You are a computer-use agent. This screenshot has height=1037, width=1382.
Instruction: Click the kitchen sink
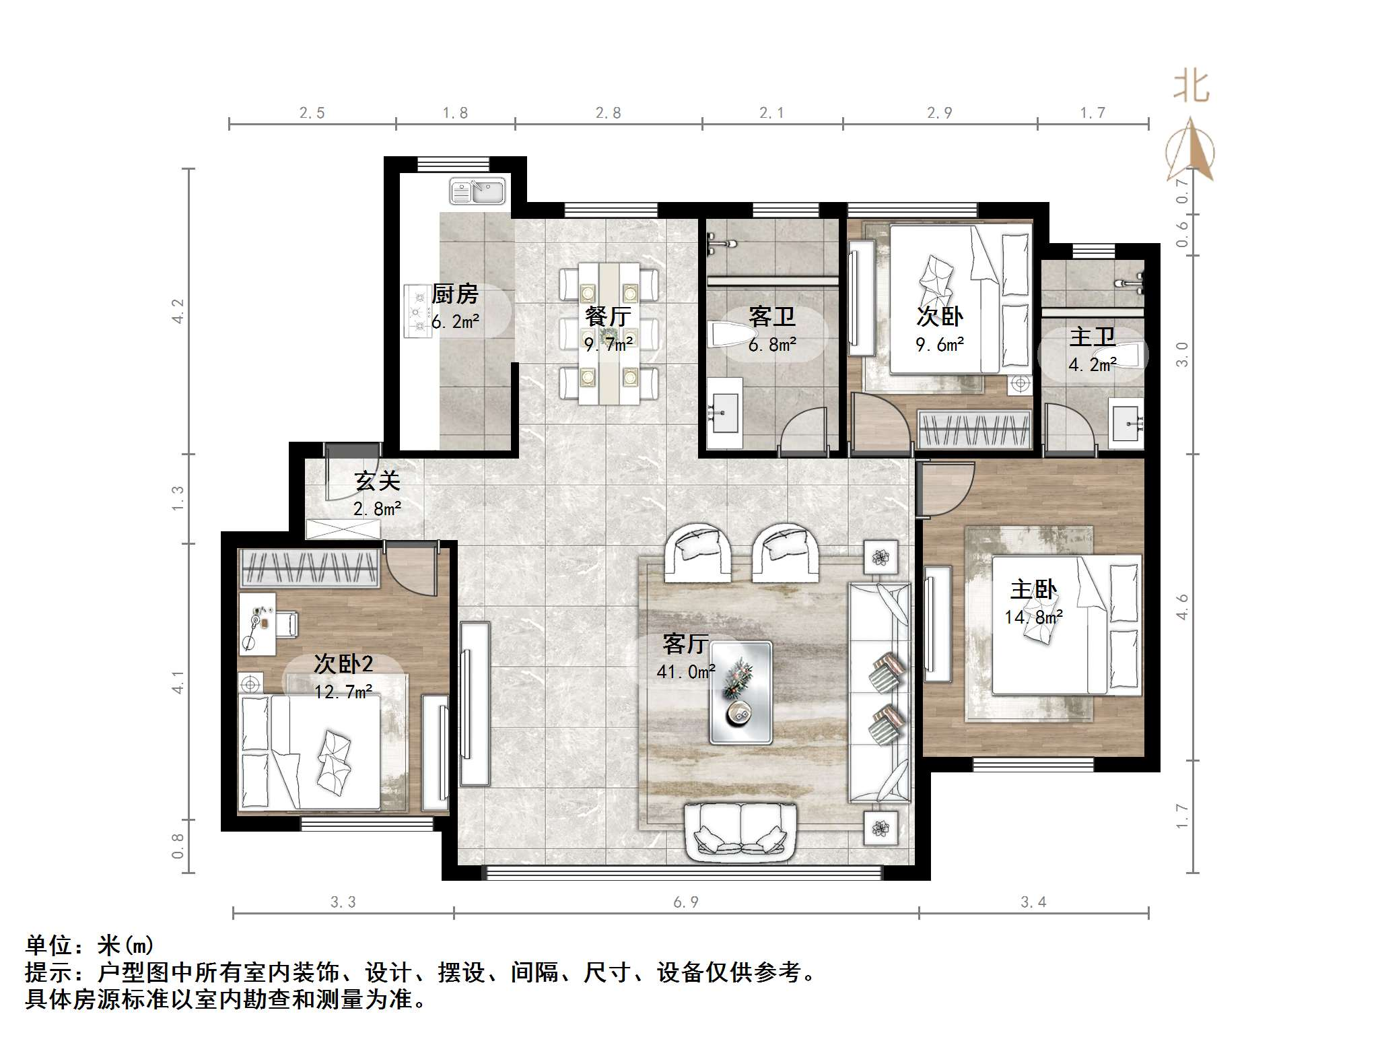[477, 191]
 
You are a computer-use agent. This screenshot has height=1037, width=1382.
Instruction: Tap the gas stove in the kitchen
[417, 310]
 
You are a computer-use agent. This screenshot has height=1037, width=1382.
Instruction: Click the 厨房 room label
[455, 294]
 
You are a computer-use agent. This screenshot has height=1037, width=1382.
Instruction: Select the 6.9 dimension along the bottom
[685, 902]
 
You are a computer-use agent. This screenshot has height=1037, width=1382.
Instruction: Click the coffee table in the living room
[741, 692]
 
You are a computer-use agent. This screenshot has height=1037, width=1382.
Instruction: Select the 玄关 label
[378, 481]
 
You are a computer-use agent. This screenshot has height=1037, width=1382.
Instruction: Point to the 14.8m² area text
[1034, 617]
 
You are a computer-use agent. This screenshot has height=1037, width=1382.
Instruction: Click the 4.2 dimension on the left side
[178, 311]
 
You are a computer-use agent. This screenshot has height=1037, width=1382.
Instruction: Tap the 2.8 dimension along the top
[608, 113]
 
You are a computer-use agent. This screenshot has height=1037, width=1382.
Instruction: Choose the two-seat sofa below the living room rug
[740, 833]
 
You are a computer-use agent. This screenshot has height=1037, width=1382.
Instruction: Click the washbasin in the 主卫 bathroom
[1126, 424]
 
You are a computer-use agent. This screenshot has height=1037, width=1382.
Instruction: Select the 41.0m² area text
[686, 671]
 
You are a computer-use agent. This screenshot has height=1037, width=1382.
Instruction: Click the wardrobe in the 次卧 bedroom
[975, 429]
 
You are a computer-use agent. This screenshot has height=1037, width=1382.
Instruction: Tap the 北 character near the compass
[1191, 87]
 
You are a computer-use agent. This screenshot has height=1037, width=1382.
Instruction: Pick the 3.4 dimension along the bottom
[1033, 902]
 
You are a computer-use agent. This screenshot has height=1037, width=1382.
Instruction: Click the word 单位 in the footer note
[49, 946]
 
